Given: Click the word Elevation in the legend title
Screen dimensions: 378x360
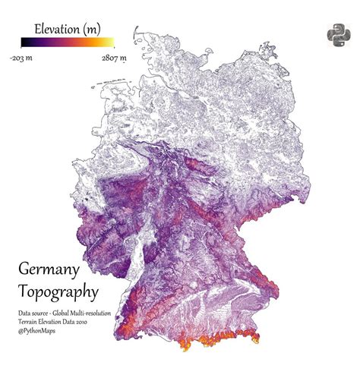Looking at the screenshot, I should click(52, 28).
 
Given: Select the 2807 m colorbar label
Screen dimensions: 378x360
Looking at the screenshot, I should click(112, 55).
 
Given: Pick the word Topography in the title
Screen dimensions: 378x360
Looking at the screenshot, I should click(58, 291).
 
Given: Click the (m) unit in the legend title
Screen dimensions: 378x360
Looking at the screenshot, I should click(90, 28).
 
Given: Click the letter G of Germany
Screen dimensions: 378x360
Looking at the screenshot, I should click(24, 269).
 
